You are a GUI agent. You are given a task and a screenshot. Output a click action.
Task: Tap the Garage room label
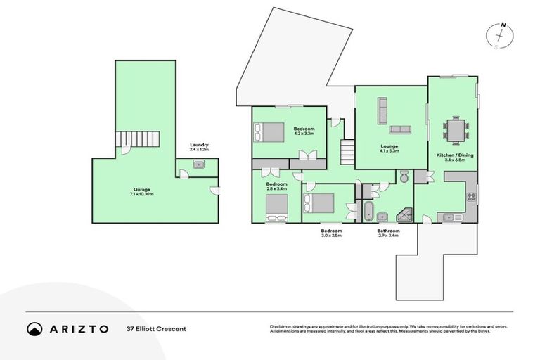(x=143, y=191)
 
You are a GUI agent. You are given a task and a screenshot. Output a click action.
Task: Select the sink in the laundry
(x=199, y=166)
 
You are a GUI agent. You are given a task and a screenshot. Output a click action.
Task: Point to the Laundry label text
(x=199, y=146)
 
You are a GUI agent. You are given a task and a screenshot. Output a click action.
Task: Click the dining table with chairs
(x=455, y=131)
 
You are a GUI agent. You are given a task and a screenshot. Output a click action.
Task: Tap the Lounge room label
(x=389, y=147)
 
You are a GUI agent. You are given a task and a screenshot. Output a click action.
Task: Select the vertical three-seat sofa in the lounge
(x=383, y=109)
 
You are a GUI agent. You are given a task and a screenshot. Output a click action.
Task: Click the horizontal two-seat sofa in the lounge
(x=400, y=129)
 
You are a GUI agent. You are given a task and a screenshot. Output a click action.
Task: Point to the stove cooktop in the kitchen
(x=472, y=197)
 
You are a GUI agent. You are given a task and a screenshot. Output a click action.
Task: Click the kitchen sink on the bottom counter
(x=451, y=217)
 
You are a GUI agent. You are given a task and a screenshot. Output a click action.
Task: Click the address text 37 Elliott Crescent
(x=157, y=328)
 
